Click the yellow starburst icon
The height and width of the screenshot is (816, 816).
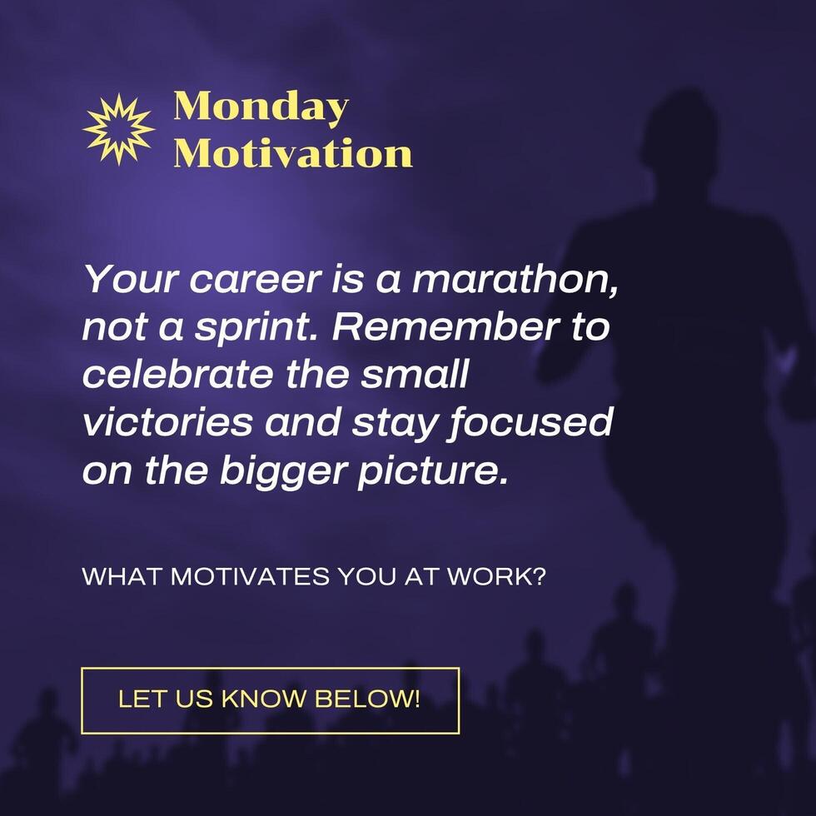[x=119, y=129]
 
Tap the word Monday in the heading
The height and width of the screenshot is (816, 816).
[x=261, y=108]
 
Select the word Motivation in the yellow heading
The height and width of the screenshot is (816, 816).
[x=293, y=154]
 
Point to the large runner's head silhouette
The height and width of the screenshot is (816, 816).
[x=680, y=137]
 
